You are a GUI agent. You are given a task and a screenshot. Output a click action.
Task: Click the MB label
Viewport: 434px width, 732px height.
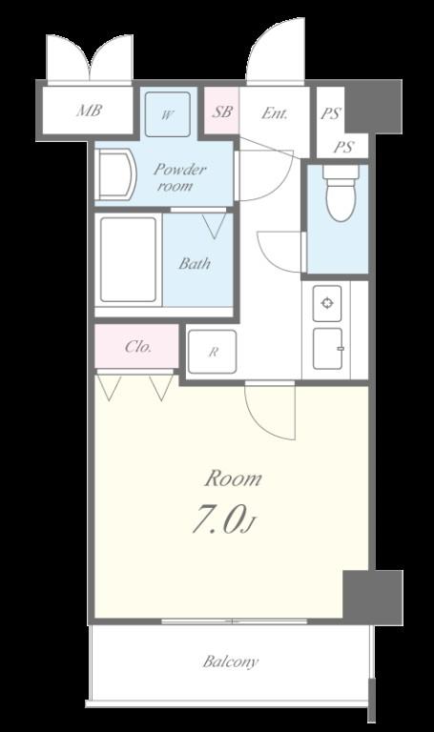[x=90, y=112]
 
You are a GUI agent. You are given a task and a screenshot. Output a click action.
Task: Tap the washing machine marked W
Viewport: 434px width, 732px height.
[x=167, y=114]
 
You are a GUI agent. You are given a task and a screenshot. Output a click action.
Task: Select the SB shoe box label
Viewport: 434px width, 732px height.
[x=222, y=112]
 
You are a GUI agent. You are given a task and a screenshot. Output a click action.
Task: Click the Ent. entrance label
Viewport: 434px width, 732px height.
[x=274, y=113]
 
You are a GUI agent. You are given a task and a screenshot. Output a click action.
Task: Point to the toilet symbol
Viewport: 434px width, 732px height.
[x=341, y=193]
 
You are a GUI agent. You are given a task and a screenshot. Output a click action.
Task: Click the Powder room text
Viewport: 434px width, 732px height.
[x=179, y=177]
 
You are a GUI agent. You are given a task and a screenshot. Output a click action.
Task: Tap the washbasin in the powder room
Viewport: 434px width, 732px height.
[x=115, y=174]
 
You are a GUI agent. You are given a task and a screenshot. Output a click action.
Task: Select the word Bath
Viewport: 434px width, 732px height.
[x=195, y=264]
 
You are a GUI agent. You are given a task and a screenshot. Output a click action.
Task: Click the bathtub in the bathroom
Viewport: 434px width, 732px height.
[x=128, y=259]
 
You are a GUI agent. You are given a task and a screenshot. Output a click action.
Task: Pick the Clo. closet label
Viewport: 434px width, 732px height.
[x=138, y=347]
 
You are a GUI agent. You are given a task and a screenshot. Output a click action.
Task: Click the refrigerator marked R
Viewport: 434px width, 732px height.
[x=212, y=352]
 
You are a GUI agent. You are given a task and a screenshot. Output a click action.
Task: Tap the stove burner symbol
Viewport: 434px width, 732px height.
[x=327, y=303]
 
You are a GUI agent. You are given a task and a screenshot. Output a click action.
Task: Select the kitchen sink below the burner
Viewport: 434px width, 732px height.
[x=327, y=349]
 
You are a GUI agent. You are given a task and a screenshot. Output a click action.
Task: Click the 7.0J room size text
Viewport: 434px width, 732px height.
[x=224, y=519]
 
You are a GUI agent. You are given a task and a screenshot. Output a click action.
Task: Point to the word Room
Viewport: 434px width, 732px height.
[x=233, y=479]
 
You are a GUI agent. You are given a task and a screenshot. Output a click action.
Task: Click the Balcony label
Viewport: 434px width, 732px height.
[x=230, y=662]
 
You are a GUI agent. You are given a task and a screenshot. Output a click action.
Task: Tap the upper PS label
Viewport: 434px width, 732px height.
[x=331, y=113]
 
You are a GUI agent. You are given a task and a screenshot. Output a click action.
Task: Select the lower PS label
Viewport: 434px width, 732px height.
[x=343, y=148]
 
